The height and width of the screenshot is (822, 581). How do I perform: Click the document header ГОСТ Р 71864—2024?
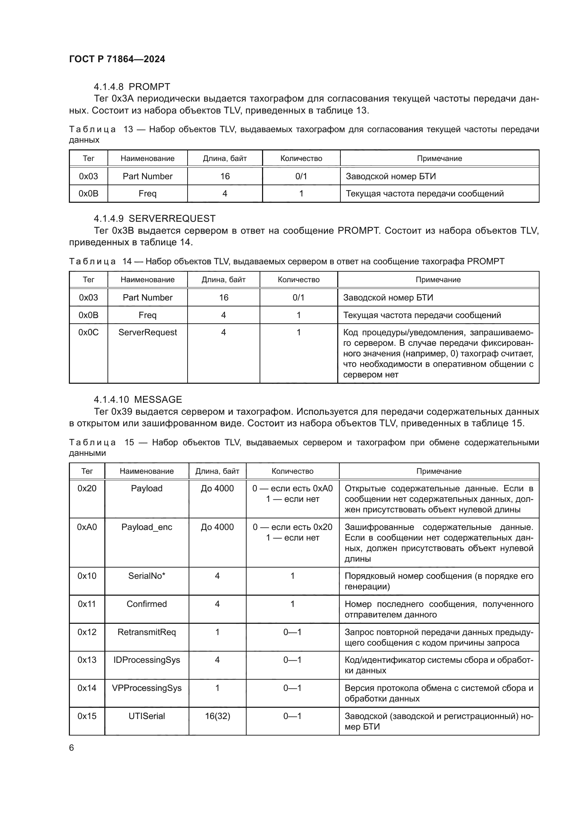pyautogui.click(x=117, y=59)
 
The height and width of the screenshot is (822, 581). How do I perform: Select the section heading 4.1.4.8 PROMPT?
pyautogui.click(x=132, y=87)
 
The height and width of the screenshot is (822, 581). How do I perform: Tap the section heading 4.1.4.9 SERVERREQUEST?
pyautogui.click(x=155, y=218)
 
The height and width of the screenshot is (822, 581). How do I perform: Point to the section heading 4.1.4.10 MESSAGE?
pyautogui.click(x=138, y=400)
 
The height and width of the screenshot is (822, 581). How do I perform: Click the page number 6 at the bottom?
pyautogui.click(x=72, y=747)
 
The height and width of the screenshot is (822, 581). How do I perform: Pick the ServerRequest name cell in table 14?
pyautogui.click(x=148, y=332)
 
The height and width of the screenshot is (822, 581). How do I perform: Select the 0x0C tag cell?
pyautogui.click(x=89, y=332)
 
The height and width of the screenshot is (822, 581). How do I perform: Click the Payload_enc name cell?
pyautogui.click(x=147, y=527)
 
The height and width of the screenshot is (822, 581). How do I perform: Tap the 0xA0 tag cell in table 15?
pyautogui.click(x=87, y=527)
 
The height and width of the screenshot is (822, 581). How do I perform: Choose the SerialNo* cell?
pyautogui.click(x=147, y=576)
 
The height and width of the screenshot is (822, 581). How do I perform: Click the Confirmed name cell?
pyautogui.click(x=147, y=604)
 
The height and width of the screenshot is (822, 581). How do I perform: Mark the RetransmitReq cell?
pyautogui.click(x=147, y=632)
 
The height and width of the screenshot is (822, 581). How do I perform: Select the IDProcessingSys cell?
pyautogui.click(x=147, y=660)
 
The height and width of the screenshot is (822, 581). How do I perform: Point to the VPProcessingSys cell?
pyautogui.click(x=147, y=688)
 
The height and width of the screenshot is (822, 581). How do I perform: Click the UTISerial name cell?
pyautogui.click(x=147, y=716)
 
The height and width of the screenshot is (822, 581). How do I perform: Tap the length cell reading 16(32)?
pyautogui.click(x=217, y=716)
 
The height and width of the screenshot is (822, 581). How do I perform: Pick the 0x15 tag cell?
pyautogui.click(x=87, y=716)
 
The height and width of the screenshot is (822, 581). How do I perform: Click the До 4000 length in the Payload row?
pyautogui.click(x=217, y=488)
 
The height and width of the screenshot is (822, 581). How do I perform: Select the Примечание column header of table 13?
pyautogui.click(x=439, y=158)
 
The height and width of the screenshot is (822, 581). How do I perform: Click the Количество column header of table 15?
pyautogui.click(x=292, y=471)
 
